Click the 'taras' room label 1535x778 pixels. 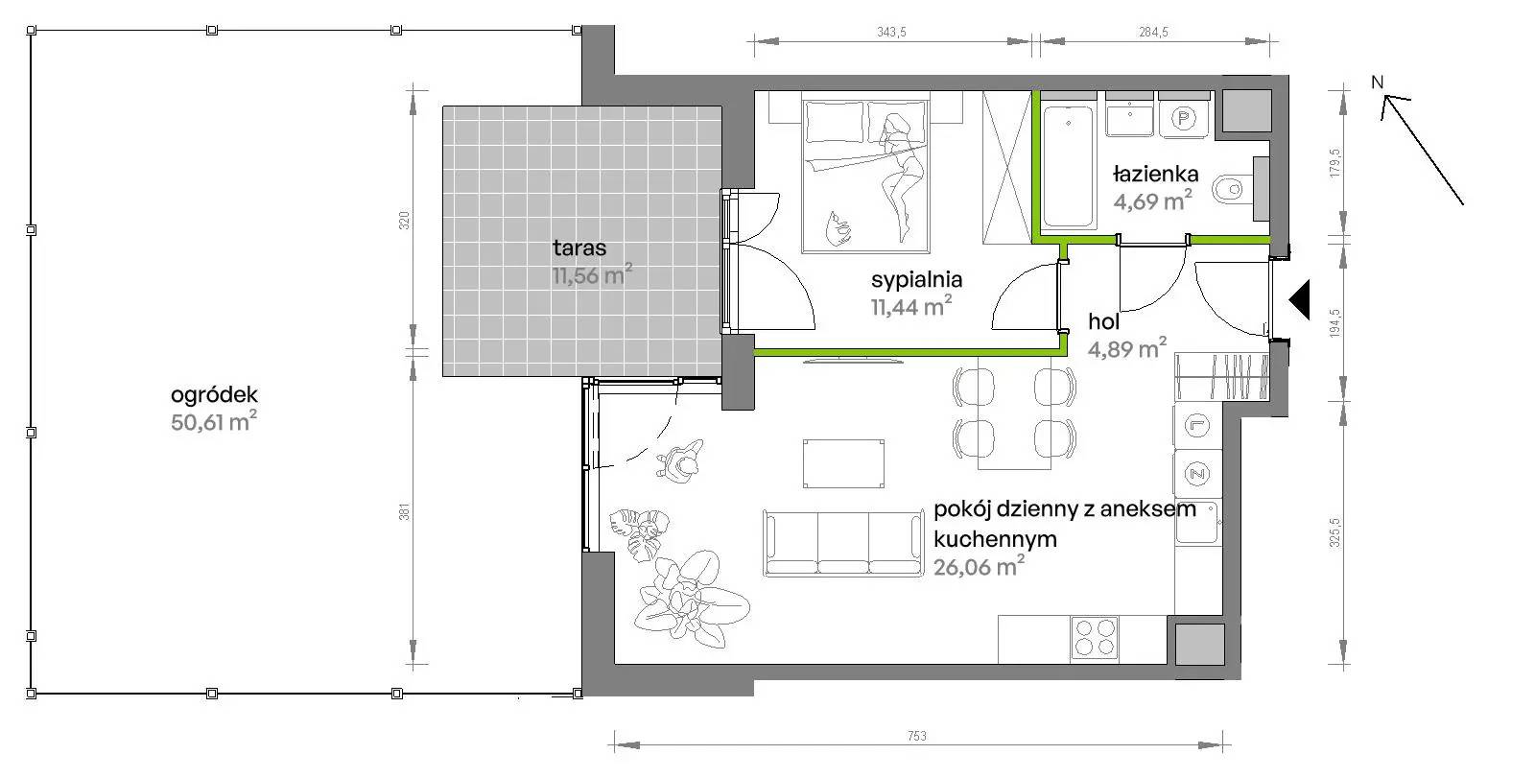coord(579,248)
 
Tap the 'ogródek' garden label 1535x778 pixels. coord(215,395)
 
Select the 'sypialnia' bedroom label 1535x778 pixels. coord(917,280)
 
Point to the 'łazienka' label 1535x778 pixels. coord(1155,174)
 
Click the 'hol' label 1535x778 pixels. coord(1103,320)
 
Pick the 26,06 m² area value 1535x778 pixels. coord(980,566)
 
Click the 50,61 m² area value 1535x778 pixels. coord(215,421)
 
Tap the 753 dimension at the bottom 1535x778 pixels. coord(917,736)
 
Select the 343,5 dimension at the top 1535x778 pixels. coord(891,32)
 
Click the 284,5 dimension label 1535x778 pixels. coord(1153,32)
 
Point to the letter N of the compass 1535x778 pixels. coord(1378,83)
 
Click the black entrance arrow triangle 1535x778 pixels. coord(1300,299)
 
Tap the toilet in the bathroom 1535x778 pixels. coord(1240,188)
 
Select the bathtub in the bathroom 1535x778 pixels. coord(1068,167)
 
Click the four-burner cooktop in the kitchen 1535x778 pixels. coord(1095,638)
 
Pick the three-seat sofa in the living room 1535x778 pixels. coord(843,543)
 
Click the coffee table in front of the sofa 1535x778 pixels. coord(843,464)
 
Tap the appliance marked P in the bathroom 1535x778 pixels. coord(1184,118)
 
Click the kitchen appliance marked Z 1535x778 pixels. coord(1198,473)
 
